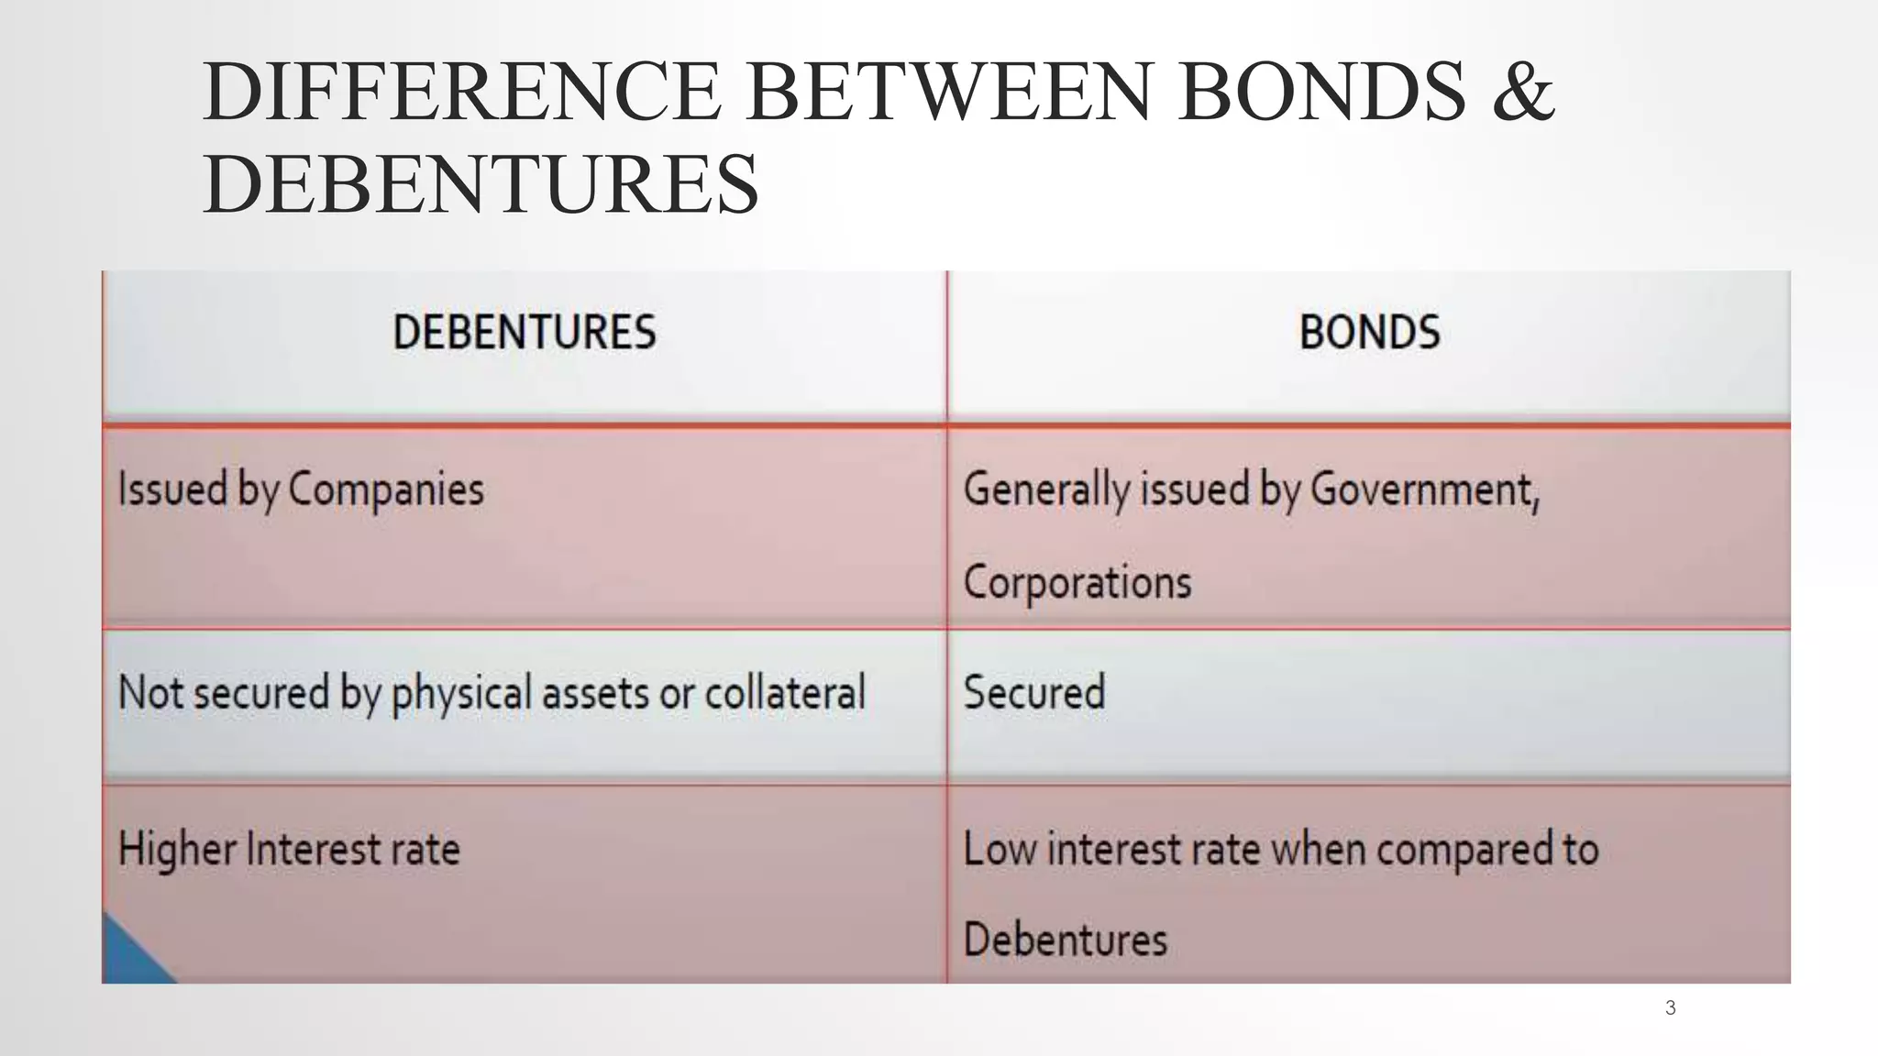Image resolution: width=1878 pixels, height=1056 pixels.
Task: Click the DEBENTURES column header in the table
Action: coord(525,332)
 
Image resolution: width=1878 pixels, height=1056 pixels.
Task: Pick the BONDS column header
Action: coord(1369,332)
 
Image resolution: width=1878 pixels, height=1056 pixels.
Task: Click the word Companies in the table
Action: coord(386,489)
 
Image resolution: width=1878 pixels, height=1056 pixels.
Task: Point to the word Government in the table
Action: coord(1424,489)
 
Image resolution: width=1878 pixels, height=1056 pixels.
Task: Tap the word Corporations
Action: coord(1077,582)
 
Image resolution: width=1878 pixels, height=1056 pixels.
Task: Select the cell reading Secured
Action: coord(1034,692)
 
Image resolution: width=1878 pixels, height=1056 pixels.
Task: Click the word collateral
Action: coord(785,692)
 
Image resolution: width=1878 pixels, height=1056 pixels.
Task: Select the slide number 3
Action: coord(1670,1008)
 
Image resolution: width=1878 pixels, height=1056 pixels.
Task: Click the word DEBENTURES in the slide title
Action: coord(481,184)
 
